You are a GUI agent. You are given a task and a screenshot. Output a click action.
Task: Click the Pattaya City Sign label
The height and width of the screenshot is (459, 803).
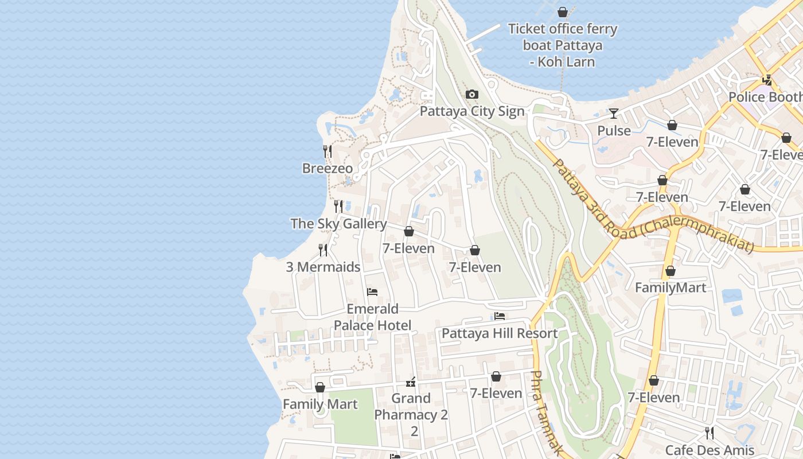point(472,111)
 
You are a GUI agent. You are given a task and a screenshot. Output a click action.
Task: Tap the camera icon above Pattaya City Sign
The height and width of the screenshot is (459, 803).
point(472,95)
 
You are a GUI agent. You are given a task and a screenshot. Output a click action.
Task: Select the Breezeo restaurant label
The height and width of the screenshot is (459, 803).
point(328,168)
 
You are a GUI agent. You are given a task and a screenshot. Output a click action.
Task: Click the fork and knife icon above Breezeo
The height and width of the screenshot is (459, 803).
point(328,151)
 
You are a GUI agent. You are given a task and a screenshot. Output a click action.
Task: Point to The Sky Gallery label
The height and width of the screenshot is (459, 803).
point(338,223)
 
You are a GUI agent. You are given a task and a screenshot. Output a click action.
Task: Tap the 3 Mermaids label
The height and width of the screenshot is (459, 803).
point(323,267)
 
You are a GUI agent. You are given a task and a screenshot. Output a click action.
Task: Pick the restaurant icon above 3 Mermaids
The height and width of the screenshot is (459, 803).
point(323,250)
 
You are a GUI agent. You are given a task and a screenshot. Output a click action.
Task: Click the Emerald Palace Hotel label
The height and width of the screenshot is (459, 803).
point(372,317)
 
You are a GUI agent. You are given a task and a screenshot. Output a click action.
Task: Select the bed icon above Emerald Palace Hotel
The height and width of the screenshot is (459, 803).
point(372,292)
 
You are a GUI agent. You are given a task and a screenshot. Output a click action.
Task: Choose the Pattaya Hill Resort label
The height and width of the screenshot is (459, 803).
point(499,333)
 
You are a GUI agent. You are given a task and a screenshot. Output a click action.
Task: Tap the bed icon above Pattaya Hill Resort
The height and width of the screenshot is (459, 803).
point(500,316)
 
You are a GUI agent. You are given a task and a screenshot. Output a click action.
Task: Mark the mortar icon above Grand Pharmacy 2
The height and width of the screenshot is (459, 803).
point(411,382)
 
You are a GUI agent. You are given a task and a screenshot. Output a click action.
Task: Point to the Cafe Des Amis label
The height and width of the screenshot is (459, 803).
point(709,450)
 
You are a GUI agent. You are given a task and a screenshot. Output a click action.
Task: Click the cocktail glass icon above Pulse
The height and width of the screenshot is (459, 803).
point(614,114)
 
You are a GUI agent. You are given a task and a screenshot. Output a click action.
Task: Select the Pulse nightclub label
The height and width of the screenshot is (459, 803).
point(614,131)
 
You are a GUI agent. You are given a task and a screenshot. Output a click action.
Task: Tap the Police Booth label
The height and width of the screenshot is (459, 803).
point(765,97)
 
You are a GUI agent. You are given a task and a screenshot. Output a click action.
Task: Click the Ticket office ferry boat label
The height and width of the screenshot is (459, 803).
point(563,45)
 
